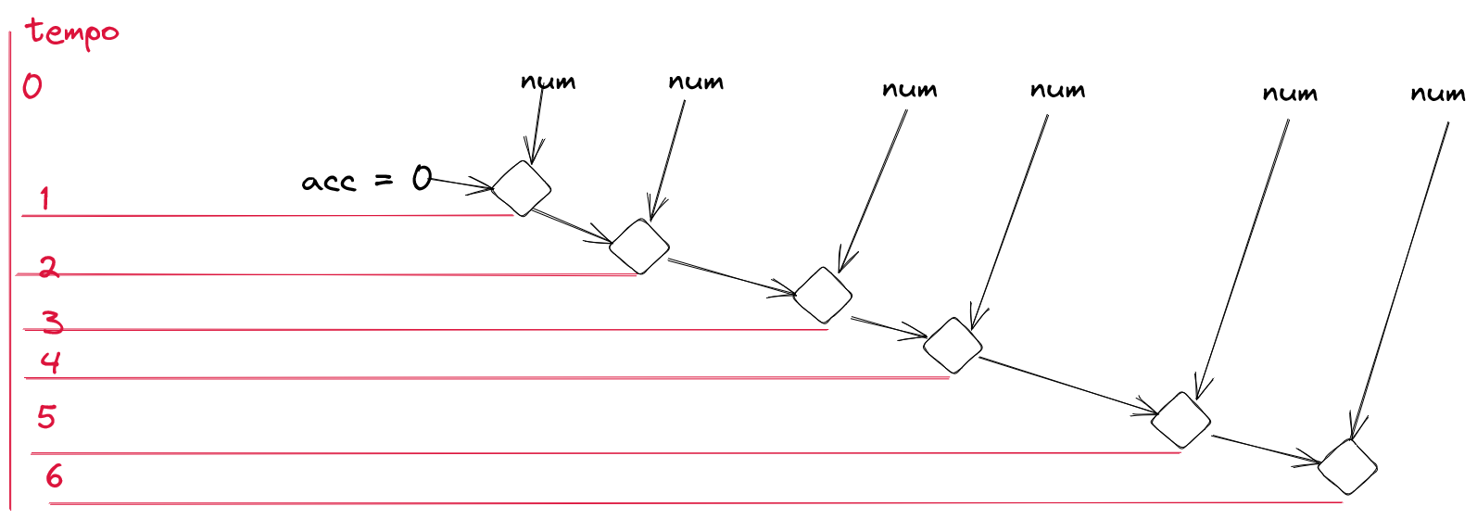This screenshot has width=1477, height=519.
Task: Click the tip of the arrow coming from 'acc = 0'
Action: [493, 189]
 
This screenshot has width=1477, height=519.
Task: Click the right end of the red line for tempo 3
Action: [828, 329]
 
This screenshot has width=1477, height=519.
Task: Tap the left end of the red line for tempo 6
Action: [50, 504]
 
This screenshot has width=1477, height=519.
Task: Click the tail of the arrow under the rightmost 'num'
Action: [1448, 122]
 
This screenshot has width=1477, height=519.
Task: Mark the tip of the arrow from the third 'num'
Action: [839, 272]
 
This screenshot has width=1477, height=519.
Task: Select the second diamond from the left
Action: [639, 247]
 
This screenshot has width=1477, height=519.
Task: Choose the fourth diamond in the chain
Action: [953, 346]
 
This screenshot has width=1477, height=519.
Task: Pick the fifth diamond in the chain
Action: [1180, 420]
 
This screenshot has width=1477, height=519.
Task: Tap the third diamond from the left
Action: [823, 295]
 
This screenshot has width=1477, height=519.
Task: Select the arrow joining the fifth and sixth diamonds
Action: [1266, 449]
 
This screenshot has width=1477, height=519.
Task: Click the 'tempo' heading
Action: [72, 32]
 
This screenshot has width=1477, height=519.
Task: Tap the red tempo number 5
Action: [46, 417]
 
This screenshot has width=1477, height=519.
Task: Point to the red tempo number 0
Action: [32, 86]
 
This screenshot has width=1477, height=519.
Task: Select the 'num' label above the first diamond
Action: [548, 82]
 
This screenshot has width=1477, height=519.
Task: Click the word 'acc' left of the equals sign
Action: [328, 182]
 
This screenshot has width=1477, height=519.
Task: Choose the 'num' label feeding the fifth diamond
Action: [1290, 94]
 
